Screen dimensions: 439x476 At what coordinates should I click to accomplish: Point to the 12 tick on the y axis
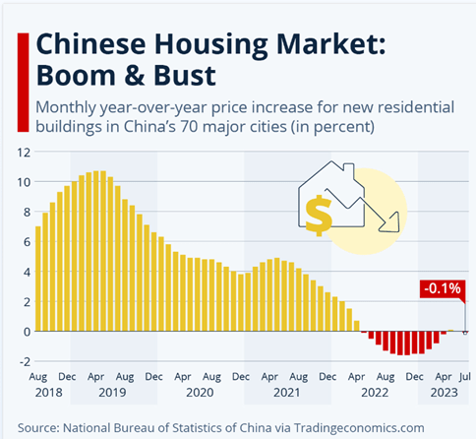point(22,154)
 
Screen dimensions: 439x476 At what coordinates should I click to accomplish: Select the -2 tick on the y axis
point(22,361)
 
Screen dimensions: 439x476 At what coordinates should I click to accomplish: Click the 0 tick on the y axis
point(26,332)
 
